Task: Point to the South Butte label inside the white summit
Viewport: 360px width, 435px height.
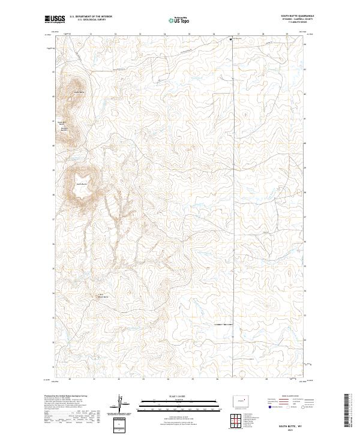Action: tap(81, 184)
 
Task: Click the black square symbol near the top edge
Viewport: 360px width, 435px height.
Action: tap(231, 39)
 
